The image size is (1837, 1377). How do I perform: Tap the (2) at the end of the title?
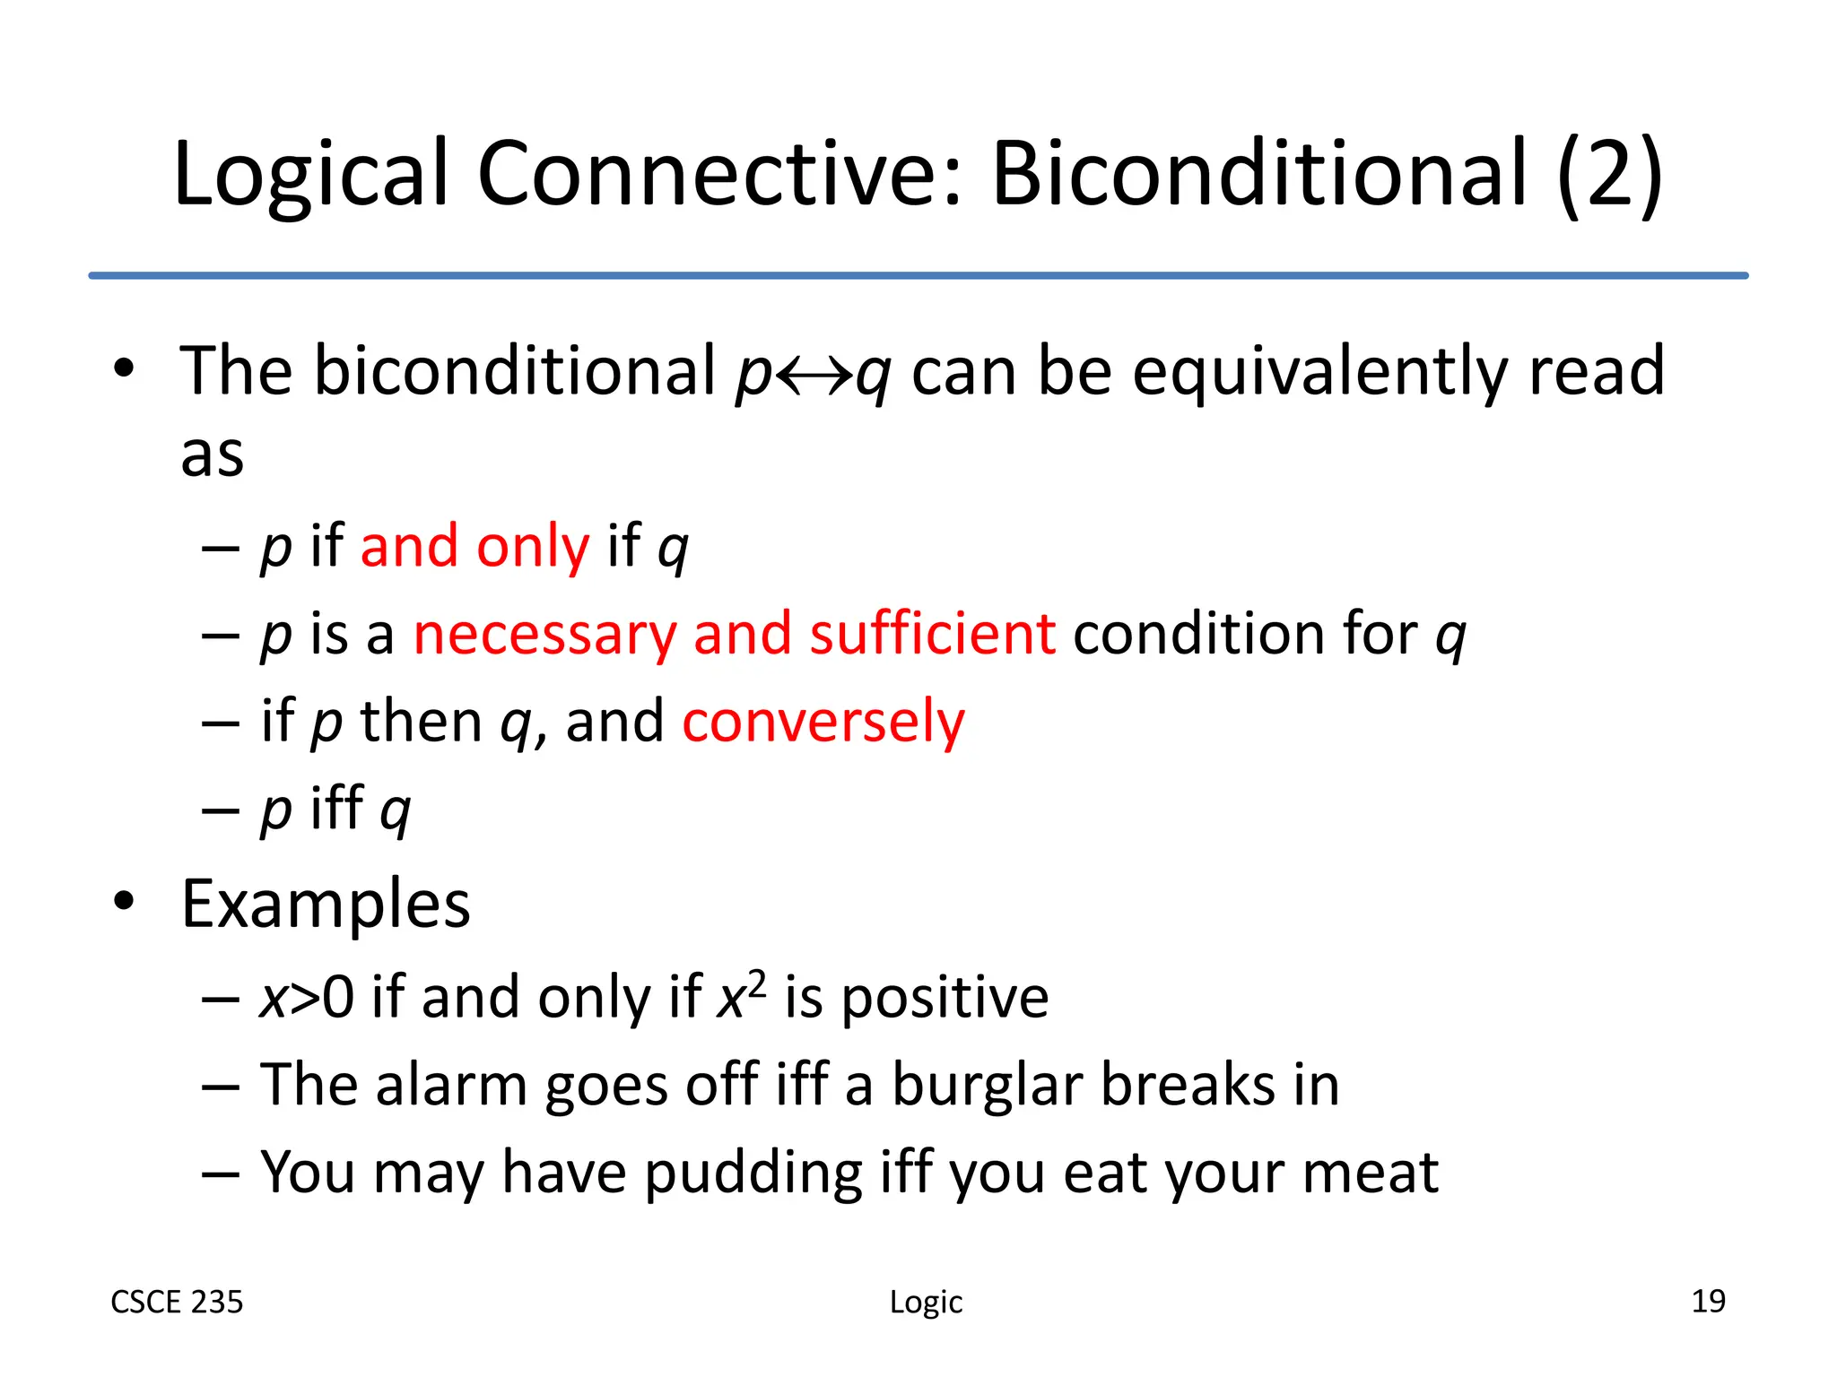pyautogui.click(x=1610, y=175)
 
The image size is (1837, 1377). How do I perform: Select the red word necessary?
pyautogui.click(x=544, y=635)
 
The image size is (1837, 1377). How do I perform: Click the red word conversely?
pyautogui.click(x=823, y=722)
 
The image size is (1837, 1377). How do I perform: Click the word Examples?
pyautogui.click(x=326, y=905)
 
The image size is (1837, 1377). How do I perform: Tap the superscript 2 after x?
pyautogui.click(x=758, y=983)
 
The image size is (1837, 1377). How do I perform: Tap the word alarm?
pyautogui.click(x=450, y=1086)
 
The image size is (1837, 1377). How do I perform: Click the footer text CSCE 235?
pyautogui.click(x=177, y=1302)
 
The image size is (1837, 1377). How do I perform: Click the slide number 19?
pyautogui.click(x=1708, y=1301)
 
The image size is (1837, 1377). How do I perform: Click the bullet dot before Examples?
pyautogui.click(x=124, y=902)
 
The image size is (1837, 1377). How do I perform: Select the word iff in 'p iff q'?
pyautogui.click(x=336, y=808)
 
